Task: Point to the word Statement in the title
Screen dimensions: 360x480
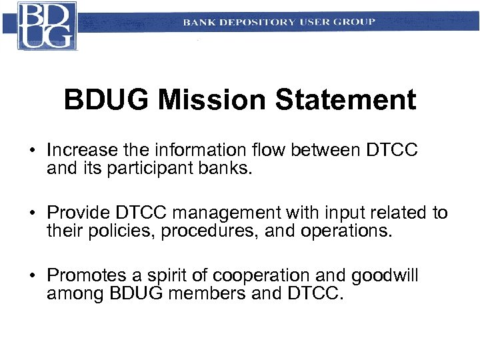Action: click(x=345, y=101)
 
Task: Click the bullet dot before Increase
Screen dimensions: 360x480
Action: click(x=31, y=150)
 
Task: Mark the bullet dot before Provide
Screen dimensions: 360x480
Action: click(x=31, y=213)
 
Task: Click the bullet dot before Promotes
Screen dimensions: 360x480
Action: click(x=31, y=276)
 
